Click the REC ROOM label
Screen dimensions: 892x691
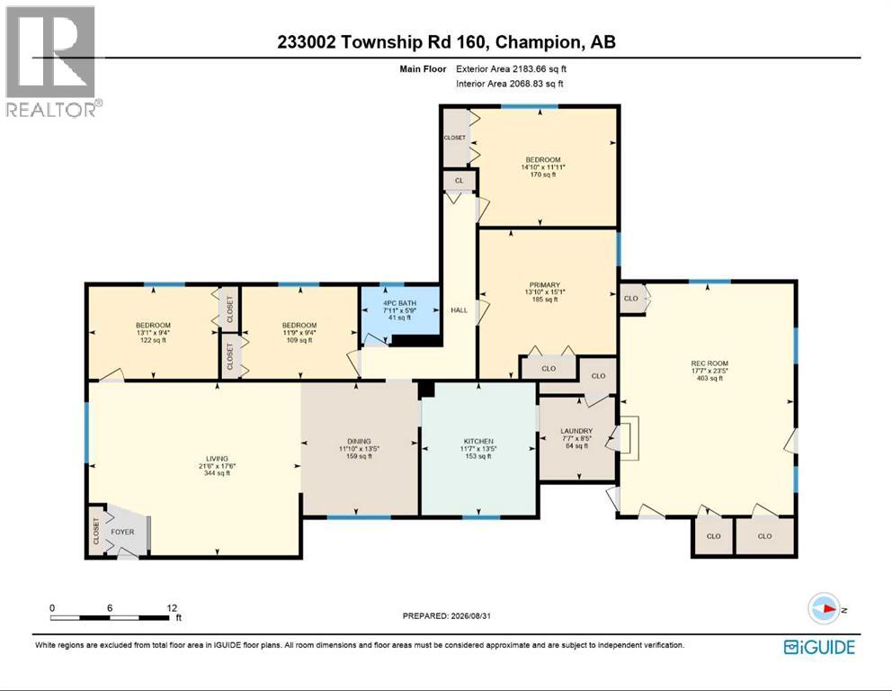709,363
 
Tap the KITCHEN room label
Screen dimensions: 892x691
478,441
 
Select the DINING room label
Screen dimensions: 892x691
359,441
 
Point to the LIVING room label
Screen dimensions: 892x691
217,458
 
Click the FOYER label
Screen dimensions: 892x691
122,532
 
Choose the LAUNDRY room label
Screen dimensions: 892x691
576,431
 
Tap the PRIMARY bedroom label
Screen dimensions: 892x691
544,284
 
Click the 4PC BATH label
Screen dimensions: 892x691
399,303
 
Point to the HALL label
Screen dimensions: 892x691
459,310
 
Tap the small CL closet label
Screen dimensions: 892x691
459,181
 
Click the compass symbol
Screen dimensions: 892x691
825,608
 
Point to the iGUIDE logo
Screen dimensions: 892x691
819,647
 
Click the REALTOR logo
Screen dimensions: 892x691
53,61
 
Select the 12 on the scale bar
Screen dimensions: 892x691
172,608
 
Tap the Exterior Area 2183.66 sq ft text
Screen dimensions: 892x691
511,69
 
